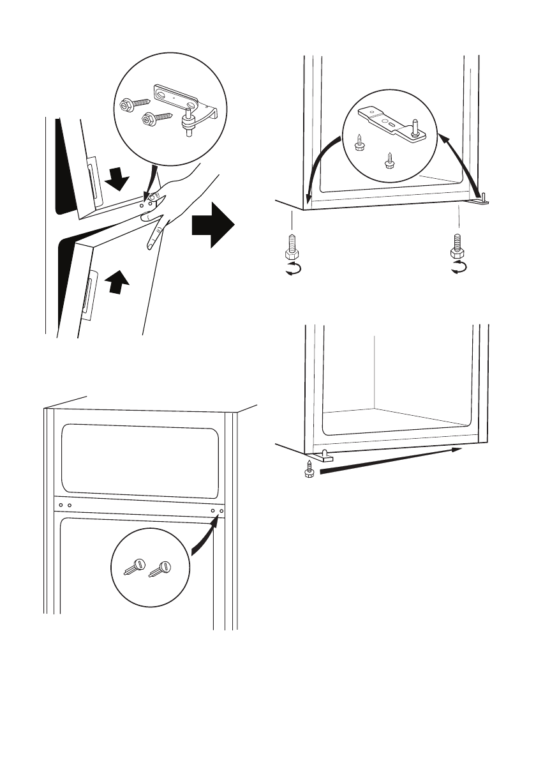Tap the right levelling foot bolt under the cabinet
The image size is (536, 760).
(x=458, y=247)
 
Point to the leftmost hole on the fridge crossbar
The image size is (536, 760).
(x=61, y=505)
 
